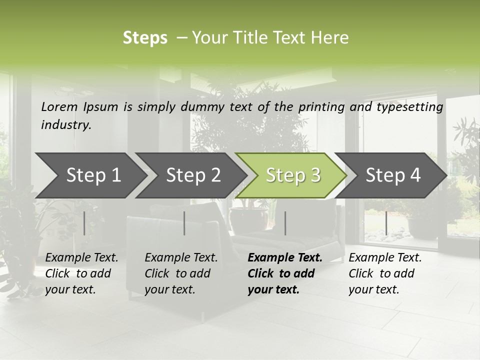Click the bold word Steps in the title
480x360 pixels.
145,38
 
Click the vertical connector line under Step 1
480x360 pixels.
84,223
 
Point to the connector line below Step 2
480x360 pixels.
184,223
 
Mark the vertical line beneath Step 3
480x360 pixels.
285,223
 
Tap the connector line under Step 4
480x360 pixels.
386,223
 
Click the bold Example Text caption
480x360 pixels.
285,273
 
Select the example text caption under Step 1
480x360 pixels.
81,273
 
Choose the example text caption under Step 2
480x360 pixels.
181,273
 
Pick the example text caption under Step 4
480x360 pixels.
385,273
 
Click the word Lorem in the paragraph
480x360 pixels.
59,106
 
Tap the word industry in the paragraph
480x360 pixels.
66,125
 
